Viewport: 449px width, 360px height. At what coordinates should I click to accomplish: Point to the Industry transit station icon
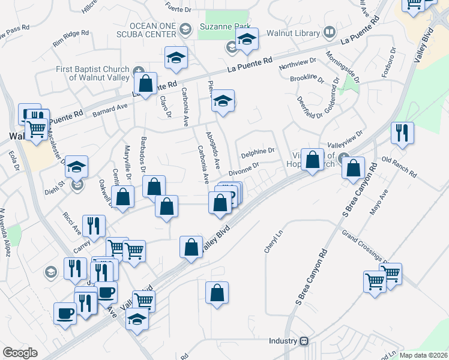304,341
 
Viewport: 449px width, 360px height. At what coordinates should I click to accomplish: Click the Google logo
20,353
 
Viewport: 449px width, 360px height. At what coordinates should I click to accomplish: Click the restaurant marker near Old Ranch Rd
402,133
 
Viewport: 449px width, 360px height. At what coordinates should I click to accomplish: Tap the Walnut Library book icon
329,31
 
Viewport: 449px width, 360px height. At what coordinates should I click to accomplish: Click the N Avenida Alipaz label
6,232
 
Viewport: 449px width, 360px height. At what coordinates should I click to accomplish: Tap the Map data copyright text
423,355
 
